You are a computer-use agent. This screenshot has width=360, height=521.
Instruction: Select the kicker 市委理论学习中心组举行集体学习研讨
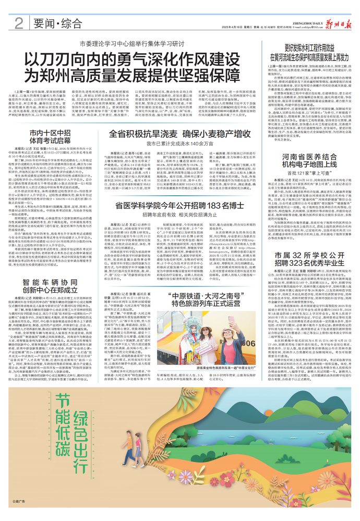click(x=140, y=44)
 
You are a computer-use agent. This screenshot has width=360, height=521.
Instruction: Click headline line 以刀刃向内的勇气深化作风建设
click(x=140, y=57)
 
